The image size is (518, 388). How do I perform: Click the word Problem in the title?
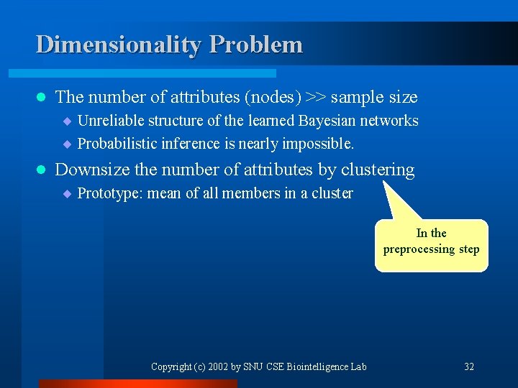click(256, 45)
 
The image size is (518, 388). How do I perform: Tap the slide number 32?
click(469, 366)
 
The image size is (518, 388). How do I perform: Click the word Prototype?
click(108, 193)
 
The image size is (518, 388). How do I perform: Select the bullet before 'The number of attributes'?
click(40, 97)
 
